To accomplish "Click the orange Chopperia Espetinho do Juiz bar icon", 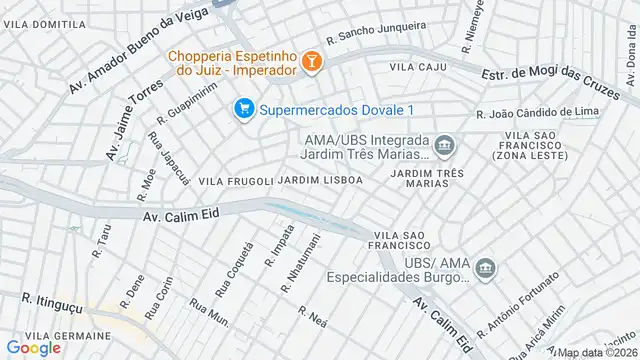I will (312, 63).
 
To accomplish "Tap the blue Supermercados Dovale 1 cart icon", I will (242, 108).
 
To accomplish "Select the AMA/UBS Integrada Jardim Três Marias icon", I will (445, 148).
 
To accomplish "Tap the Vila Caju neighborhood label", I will (417, 67).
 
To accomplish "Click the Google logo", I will (34, 347).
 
